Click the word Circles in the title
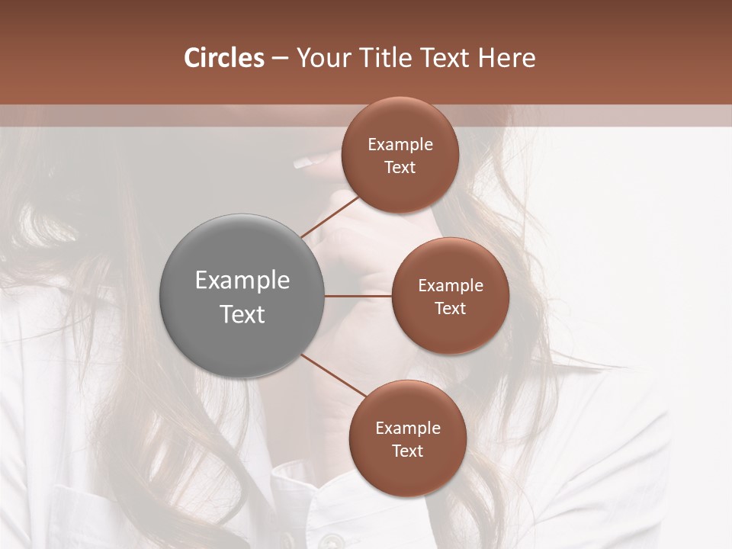tap(223, 58)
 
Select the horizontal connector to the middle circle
tap(358, 296)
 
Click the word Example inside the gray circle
tap(242, 281)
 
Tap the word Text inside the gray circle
tap(242, 314)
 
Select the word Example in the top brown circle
tap(400, 144)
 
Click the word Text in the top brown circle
tap(400, 167)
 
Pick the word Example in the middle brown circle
tap(451, 285)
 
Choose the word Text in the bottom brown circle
tap(407, 451)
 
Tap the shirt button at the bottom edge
tap(329, 541)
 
